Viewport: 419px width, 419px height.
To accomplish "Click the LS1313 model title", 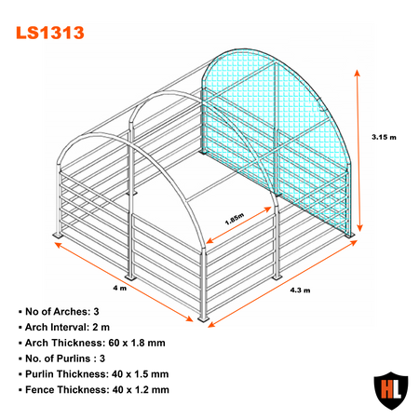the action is [50, 33].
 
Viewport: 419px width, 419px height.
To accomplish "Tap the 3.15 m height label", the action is [384, 137].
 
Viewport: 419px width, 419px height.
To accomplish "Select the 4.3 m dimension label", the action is [300, 291].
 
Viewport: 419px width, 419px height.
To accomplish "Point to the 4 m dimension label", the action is [120, 288].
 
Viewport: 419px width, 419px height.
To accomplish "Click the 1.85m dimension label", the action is [235, 219].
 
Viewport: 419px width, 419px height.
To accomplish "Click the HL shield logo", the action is [391, 390].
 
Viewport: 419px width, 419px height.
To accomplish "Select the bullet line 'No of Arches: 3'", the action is [59, 311].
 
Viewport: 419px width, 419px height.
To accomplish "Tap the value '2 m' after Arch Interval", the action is [101, 327].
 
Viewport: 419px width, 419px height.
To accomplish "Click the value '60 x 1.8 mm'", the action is [137, 343].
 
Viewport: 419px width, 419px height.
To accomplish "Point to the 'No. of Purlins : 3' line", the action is [61, 358].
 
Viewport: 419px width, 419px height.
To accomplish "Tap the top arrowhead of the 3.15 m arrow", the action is [358, 73].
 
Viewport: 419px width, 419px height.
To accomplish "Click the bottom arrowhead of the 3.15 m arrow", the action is [360, 228].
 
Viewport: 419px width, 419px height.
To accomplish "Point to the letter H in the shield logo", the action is [385, 388].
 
